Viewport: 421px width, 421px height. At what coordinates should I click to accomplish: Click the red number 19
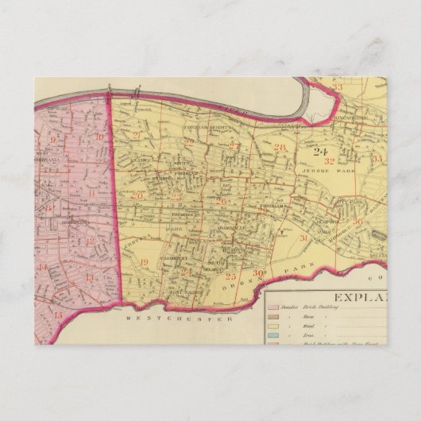tap(144, 262)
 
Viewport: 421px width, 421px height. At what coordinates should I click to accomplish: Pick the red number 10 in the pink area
tap(99, 137)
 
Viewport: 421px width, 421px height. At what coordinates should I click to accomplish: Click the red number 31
tap(303, 238)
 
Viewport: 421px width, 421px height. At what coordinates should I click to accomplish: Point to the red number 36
tap(358, 222)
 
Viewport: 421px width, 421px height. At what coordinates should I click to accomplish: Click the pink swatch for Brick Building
tap(275, 306)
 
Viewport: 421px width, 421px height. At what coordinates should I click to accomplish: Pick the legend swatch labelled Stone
tap(275, 315)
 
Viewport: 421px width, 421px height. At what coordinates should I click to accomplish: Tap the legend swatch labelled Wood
tap(275, 326)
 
